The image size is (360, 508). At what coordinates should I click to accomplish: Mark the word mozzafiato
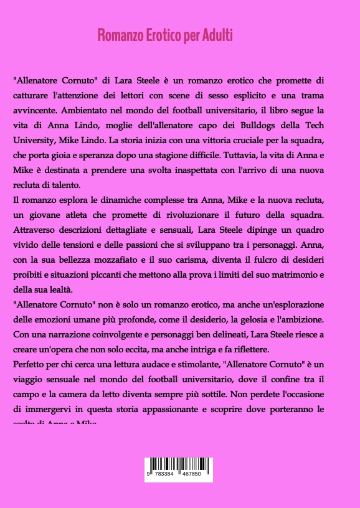click(x=122, y=259)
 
